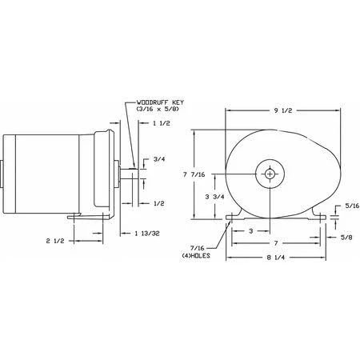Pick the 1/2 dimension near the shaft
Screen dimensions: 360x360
157,204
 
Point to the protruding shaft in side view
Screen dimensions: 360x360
128,171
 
